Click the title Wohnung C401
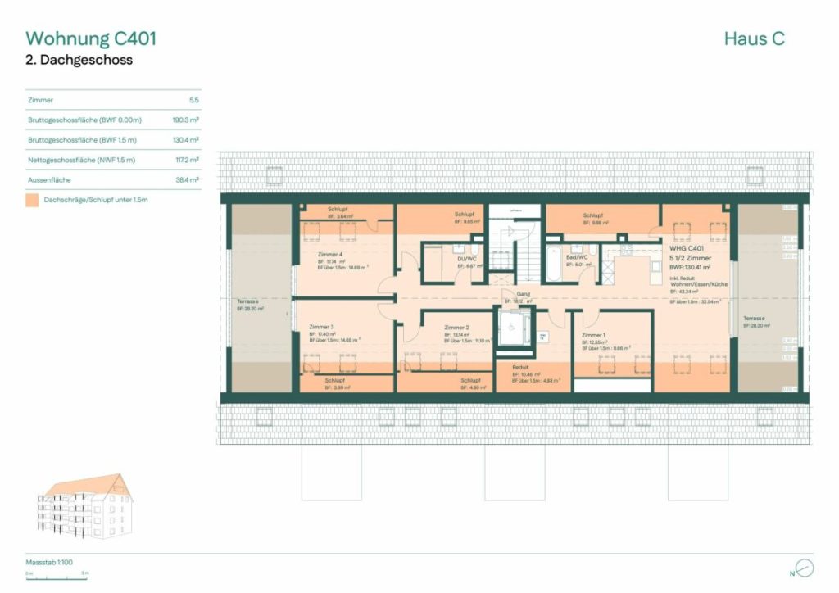tap(91, 38)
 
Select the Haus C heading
tap(754, 38)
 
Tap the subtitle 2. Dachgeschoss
tap(79, 61)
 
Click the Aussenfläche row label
tap(51, 179)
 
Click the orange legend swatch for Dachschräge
tap(32, 199)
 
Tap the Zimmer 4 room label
tap(330, 255)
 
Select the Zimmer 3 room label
tap(322, 327)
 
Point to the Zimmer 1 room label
tap(594, 335)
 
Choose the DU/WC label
tap(467, 258)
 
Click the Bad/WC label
tap(578, 257)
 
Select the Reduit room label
tap(521, 368)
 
